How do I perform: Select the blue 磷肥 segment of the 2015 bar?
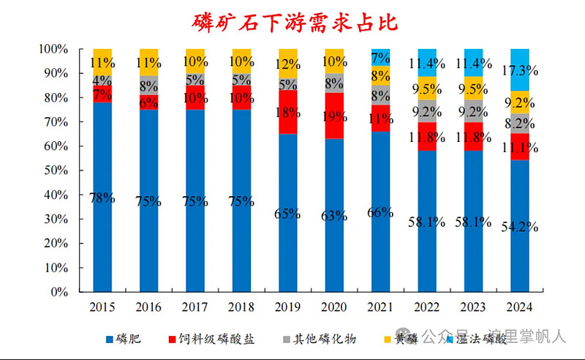(102, 220)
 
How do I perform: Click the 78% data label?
(102, 198)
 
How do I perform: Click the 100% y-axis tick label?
(56, 49)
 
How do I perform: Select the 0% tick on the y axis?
(62, 292)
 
